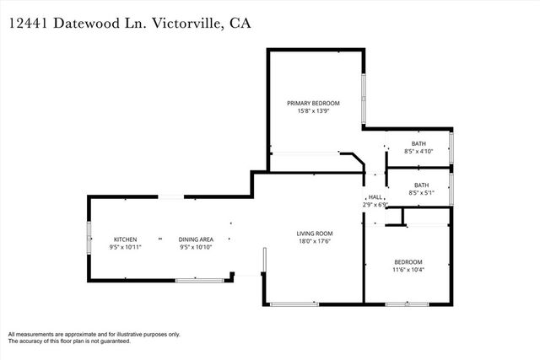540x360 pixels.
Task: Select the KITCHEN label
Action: tap(126, 239)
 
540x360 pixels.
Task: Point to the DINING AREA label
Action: tap(196, 239)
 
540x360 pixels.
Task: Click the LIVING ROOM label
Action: tap(314, 234)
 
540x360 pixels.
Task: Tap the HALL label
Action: tap(374, 196)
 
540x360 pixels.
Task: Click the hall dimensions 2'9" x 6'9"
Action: tap(374, 204)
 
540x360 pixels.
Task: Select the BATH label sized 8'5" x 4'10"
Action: tap(418, 143)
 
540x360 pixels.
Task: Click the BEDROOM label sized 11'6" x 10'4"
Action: tap(408, 262)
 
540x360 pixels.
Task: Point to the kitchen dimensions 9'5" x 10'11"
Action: tap(126, 248)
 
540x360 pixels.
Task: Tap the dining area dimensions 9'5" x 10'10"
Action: tap(196, 248)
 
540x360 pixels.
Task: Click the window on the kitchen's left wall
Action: tap(89, 239)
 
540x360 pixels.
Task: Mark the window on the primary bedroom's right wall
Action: tap(364, 99)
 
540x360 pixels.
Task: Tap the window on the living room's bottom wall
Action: tap(294, 304)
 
